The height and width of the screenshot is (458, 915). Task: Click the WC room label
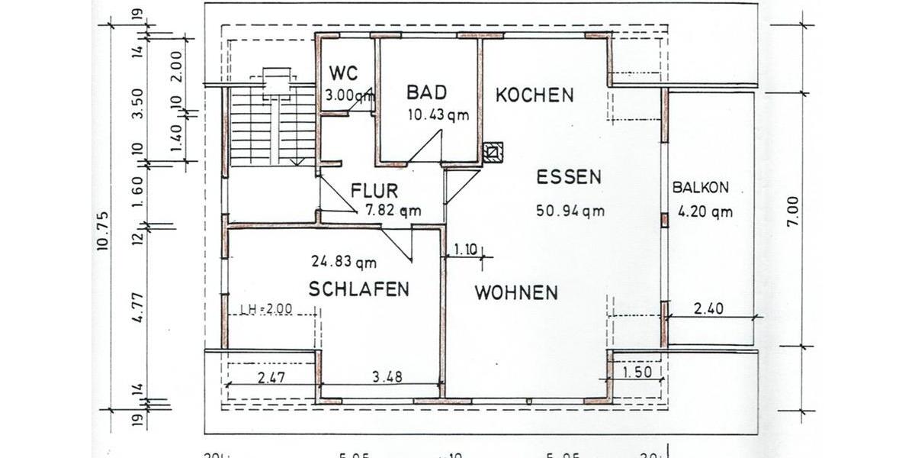[343, 73]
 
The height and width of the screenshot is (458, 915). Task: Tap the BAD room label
[426, 92]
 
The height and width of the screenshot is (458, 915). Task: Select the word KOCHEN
[534, 95]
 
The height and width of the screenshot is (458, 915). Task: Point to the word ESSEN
[568, 177]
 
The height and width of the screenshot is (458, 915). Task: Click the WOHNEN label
[516, 292]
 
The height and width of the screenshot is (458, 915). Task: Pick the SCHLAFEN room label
[358, 289]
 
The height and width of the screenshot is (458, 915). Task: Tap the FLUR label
[374, 190]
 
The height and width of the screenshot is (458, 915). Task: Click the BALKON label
[701, 187]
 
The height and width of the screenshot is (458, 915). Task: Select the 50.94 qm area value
[570, 211]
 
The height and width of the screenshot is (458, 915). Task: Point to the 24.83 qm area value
[344, 263]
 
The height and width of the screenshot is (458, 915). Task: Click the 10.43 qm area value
[438, 115]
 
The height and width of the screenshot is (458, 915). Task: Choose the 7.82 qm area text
[392, 211]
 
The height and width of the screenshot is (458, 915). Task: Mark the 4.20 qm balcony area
[705, 212]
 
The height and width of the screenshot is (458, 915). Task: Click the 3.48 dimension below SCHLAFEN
[387, 376]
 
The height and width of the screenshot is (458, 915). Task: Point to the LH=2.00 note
[266, 309]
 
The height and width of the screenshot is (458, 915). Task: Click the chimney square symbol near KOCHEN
[494, 152]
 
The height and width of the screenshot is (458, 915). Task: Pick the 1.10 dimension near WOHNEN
[466, 250]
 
